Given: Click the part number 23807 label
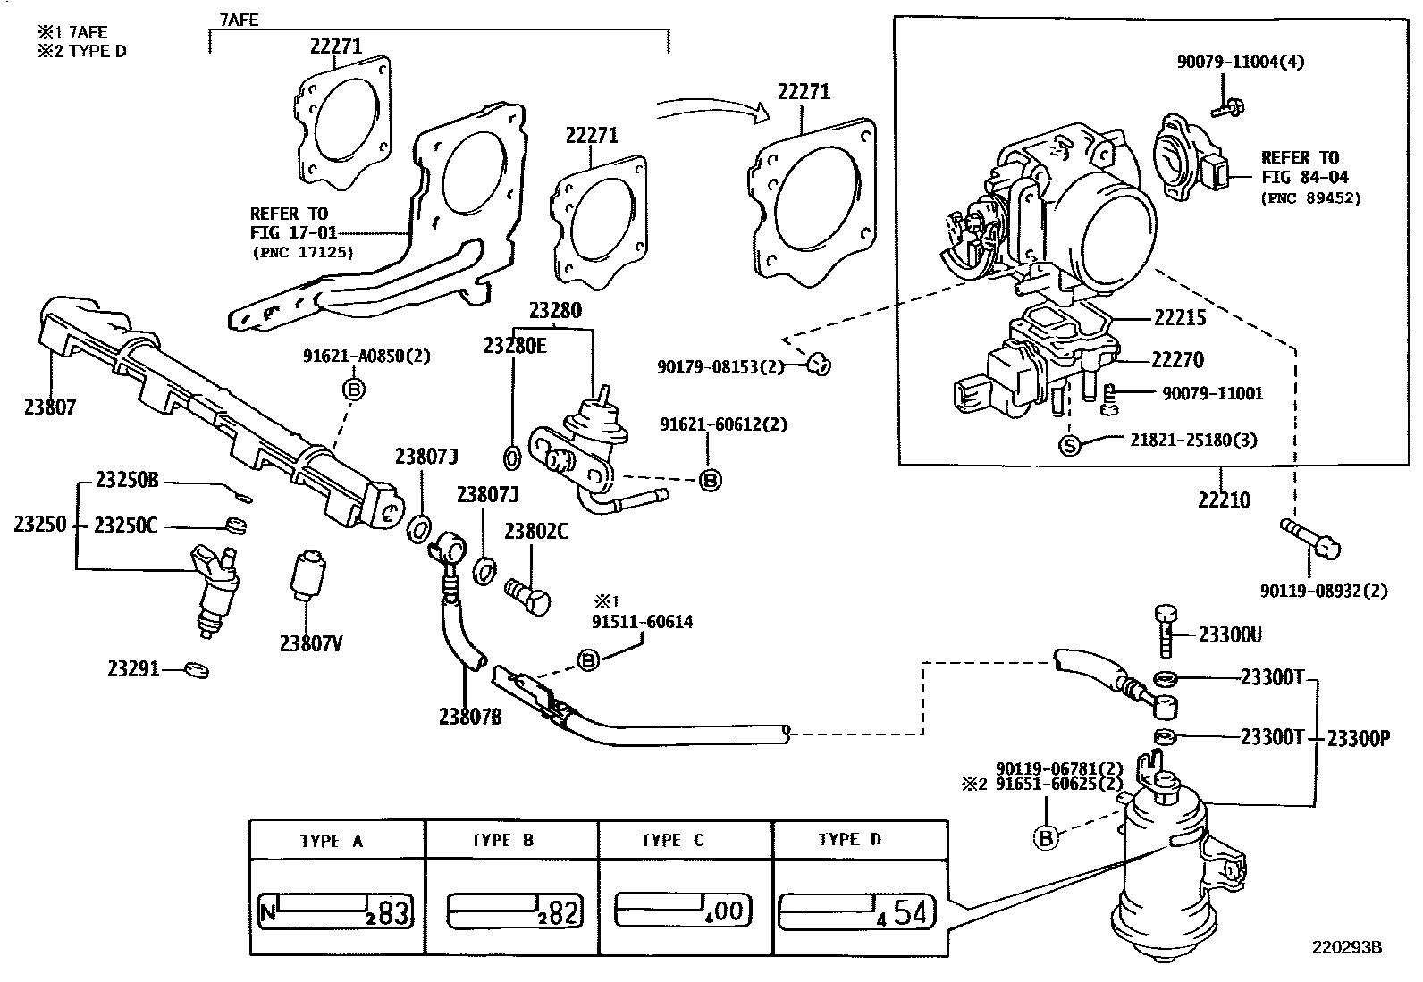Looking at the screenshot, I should (x=50, y=407).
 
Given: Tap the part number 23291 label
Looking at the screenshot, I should (x=133, y=668).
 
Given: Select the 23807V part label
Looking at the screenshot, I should (x=312, y=643).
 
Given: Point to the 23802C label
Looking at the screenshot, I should (x=535, y=532).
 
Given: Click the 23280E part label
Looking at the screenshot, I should (x=514, y=346).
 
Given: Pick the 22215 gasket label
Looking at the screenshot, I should (x=1179, y=318).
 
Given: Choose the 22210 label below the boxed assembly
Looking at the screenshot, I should (x=1224, y=500).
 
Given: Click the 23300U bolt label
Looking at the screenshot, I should (x=1230, y=635).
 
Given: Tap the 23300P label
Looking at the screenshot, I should (x=1358, y=738).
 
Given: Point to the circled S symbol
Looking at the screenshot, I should (x=1070, y=443).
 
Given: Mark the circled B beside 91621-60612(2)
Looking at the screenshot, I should (x=710, y=480).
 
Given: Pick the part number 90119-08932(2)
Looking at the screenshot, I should (x=1324, y=592).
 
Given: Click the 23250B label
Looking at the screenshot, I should (x=126, y=481).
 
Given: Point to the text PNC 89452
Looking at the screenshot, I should (x=1310, y=197).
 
